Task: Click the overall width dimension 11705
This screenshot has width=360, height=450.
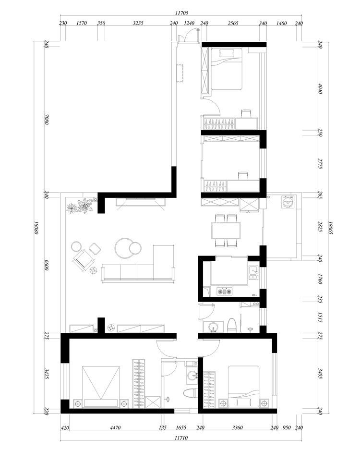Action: coord(181,12)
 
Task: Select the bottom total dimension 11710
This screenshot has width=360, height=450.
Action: coord(181,438)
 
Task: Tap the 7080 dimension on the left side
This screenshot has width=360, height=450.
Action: coord(47,120)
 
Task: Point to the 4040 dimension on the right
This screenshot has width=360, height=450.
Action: coord(321,88)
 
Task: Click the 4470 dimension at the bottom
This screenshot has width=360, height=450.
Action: coord(115,427)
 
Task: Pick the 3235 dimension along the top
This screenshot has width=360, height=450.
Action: coord(138,23)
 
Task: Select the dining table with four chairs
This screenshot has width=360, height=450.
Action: coord(226,231)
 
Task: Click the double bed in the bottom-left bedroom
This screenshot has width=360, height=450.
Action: coord(101,386)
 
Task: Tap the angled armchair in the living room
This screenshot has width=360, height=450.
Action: coord(84,260)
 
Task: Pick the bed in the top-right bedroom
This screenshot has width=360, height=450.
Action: coord(227,69)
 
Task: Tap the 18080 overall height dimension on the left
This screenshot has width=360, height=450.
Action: coord(36,228)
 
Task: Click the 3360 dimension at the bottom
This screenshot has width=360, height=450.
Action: coord(238,427)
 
